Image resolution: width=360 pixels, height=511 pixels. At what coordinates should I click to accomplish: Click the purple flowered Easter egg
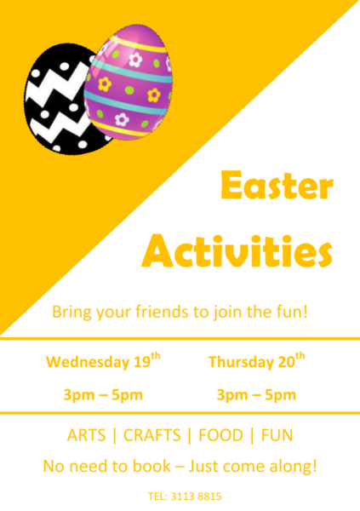coord(128,82)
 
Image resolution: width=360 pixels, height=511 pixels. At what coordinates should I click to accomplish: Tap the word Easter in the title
coord(277,185)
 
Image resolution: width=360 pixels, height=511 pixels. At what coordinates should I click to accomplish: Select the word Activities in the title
coord(237,250)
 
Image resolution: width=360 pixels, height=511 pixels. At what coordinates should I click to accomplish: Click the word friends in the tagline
coord(162,311)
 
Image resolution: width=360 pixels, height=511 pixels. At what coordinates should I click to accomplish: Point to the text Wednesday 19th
coord(103,360)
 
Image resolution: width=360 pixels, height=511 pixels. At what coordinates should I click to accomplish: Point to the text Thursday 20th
coord(257,360)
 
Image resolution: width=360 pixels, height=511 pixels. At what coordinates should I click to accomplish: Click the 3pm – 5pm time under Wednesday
coord(103,395)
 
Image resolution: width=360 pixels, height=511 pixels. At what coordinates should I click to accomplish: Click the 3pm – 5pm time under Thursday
coord(256,395)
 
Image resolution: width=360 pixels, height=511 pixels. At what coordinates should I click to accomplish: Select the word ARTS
coord(86,435)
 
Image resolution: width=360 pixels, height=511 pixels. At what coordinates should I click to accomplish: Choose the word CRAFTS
coord(151,435)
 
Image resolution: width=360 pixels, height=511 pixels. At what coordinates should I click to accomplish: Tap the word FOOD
coord(221,435)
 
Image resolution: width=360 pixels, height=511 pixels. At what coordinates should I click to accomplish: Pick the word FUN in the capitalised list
coord(277,435)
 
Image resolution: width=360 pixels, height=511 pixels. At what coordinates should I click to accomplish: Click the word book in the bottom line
coord(151,466)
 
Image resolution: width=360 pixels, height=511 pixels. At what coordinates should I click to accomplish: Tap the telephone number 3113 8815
coord(196,497)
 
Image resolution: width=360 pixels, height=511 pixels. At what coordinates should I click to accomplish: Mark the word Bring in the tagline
coord(72,313)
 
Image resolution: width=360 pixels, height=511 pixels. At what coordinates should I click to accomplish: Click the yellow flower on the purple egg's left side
coord(105,84)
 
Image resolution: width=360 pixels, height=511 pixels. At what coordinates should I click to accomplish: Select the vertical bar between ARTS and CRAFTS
coord(114,435)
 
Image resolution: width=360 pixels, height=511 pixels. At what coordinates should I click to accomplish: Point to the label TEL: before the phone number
coord(157,497)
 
